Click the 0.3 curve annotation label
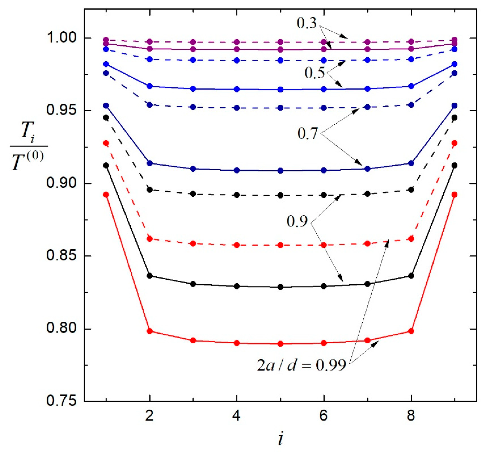(306, 23)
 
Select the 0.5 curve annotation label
(314, 73)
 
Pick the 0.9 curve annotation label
(297, 221)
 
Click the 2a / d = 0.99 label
(301, 365)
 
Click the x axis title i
(280, 439)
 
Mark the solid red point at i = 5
(280, 344)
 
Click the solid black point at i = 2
(150, 276)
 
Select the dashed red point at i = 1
(106, 143)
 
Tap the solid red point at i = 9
(455, 195)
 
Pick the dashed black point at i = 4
(237, 195)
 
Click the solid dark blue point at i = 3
(193, 169)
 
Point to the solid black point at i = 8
(411, 276)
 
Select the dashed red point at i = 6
(324, 245)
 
